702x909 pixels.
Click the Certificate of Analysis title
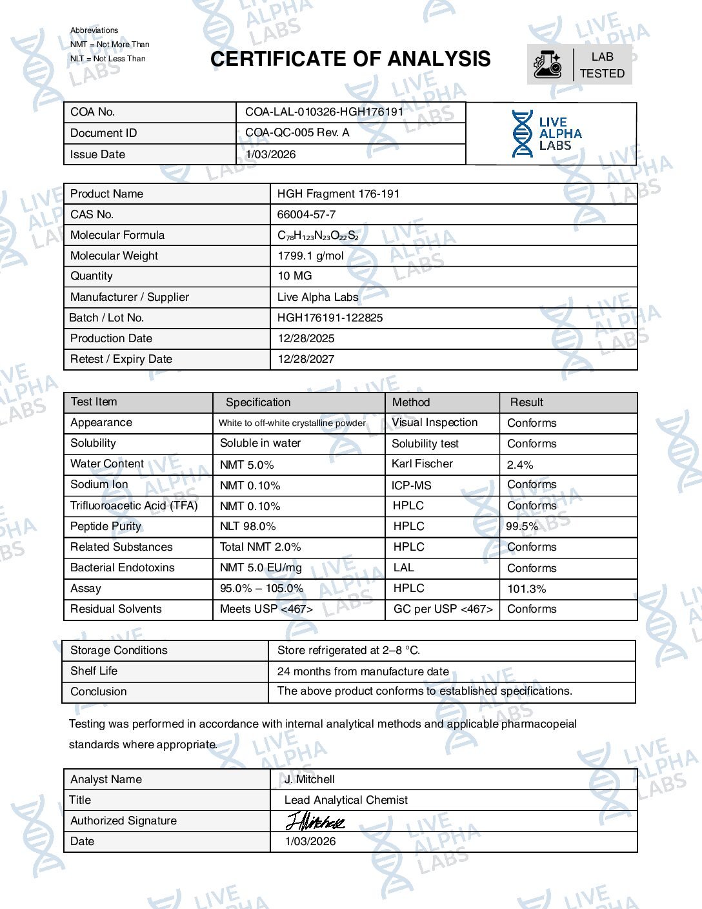pyautogui.click(x=350, y=59)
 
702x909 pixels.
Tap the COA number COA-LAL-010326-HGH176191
pyautogui.click(x=324, y=112)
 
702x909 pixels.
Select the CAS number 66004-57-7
pyautogui.click(x=306, y=214)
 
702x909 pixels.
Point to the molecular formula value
pyautogui.click(x=317, y=236)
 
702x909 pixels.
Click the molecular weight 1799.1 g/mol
pyautogui.click(x=310, y=256)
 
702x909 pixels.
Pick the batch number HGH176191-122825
pyautogui.click(x=330, y=318)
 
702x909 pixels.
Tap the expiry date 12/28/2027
pyautogui.click(x=306, y=359)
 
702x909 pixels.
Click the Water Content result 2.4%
pyautogui.click(x=520, y=465)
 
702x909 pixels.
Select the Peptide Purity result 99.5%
pyautogui.click(x=522, y=526)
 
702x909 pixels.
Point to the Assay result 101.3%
pyautogui.click(x=526, y=589)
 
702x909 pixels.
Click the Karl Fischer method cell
pyautogui.click(x=422, y=464)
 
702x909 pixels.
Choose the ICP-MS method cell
pyautogui.click(x=411, y=485)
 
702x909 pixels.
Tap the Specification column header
pyautogui.click(x=258, y=402)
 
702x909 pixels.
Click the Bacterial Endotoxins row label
pyautogui.click(x=123, y=567)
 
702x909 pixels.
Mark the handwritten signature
pyautogui.click(x=315, y=821)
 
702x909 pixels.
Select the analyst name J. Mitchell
pyautogui.click(x=310, y=779)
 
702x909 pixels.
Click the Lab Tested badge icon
pyautogui.click(x=548, y=65)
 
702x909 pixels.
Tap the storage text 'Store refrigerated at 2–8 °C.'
pyautogui.click(x=348, y=650)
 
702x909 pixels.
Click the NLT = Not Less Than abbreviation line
pyautogui.click(x=108, y=59)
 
